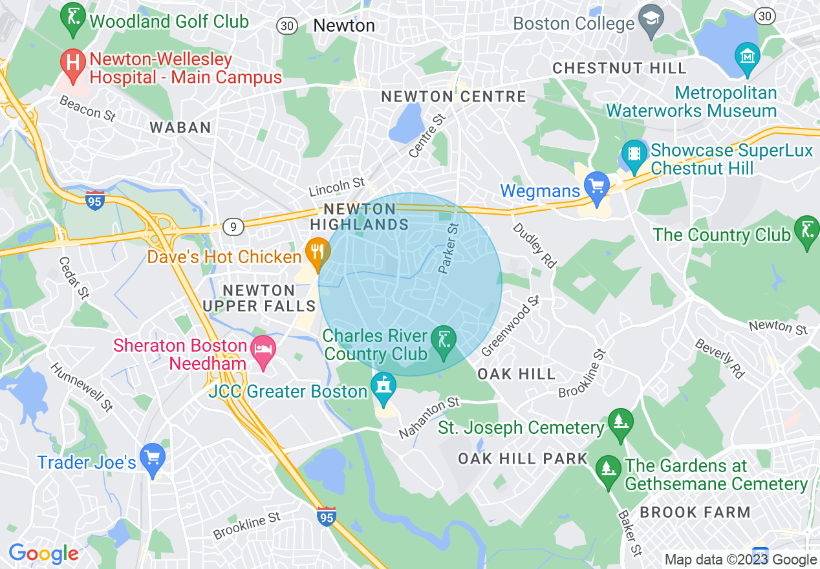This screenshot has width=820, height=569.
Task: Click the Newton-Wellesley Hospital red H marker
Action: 73,63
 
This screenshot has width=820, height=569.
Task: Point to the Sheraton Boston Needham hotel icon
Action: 263,350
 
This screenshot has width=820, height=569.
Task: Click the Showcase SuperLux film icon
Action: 634,154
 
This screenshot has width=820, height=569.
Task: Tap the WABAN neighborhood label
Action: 180,128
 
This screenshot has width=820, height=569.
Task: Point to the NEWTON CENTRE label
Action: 453,97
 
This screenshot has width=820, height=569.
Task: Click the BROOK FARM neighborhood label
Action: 695,512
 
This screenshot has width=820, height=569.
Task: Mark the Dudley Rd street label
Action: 534,245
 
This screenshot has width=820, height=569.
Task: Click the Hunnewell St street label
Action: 82,387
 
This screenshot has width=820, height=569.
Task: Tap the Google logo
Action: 43,553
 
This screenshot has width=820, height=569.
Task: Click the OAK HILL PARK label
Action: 523,458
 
